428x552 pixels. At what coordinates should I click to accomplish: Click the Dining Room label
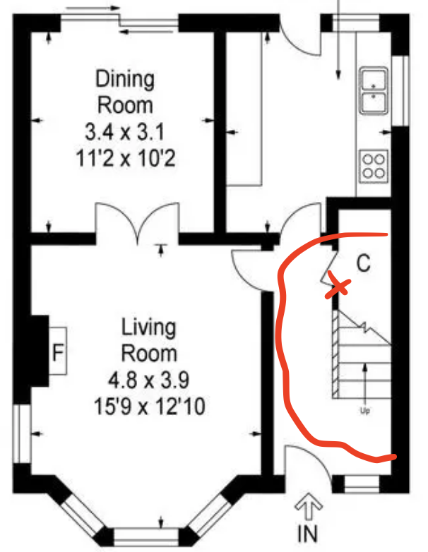point(125,92)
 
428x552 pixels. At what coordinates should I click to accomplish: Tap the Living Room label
point(148,340)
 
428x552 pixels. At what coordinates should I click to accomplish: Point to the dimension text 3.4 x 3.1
point(125,133)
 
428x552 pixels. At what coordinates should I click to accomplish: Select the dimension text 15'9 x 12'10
point(149,407)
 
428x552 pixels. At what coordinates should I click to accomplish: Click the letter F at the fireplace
point(58,352)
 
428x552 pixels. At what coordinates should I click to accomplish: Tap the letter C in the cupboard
point(364,263)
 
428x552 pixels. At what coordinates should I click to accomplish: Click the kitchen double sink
point(374,90)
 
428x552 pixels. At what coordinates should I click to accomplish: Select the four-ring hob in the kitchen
point(374,166)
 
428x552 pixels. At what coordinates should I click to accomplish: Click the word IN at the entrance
point(307,534)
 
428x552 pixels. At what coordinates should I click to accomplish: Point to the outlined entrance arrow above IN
point(309,506)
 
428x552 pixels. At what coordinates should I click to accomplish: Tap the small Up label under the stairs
point(365,411)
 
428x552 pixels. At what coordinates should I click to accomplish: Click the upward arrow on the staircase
point(365,384)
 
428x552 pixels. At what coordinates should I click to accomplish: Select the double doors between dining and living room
point(138,222)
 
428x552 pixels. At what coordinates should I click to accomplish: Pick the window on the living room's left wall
point(22,433)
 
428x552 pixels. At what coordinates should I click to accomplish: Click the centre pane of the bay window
point(146,537)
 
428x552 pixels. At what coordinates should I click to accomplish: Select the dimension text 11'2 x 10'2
point(126,158)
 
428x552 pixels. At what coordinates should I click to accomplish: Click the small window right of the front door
point(362,484)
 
